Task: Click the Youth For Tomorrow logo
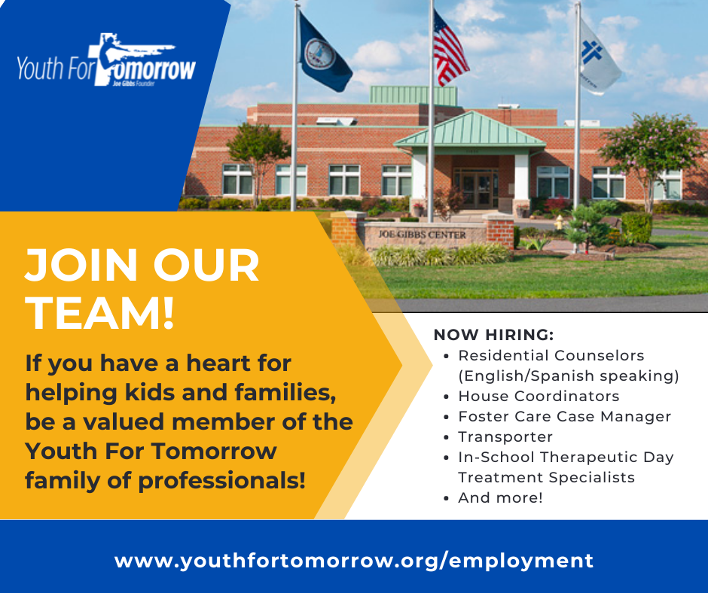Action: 106,61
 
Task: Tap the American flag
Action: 450,50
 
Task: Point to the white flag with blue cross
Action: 599,56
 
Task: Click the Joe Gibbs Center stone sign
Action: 423,236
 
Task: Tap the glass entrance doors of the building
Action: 477,190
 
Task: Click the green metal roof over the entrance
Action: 470,130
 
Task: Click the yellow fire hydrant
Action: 559,221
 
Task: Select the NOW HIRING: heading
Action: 493,335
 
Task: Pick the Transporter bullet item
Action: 505,437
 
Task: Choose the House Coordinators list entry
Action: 539,397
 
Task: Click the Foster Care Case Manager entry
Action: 564,417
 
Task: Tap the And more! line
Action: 500,497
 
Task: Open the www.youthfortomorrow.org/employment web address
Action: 354,561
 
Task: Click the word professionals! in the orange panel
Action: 221,481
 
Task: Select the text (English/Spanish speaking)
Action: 569,376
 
